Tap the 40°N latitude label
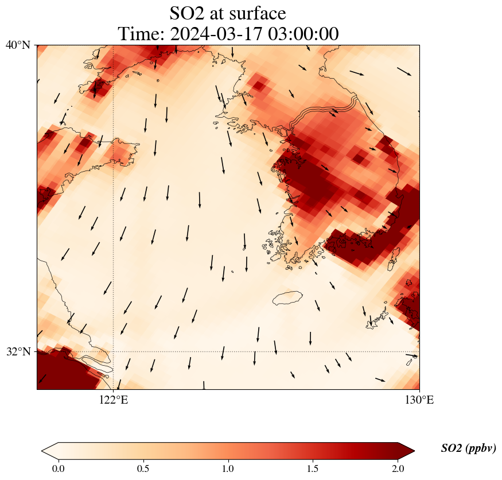tap(18, 45)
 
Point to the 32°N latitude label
tap(18, 351)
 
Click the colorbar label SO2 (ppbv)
tap(468, 448)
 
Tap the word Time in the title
tap(137, 34)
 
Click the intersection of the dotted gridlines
tap(113, 351)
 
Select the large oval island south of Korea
tap(287, 297)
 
